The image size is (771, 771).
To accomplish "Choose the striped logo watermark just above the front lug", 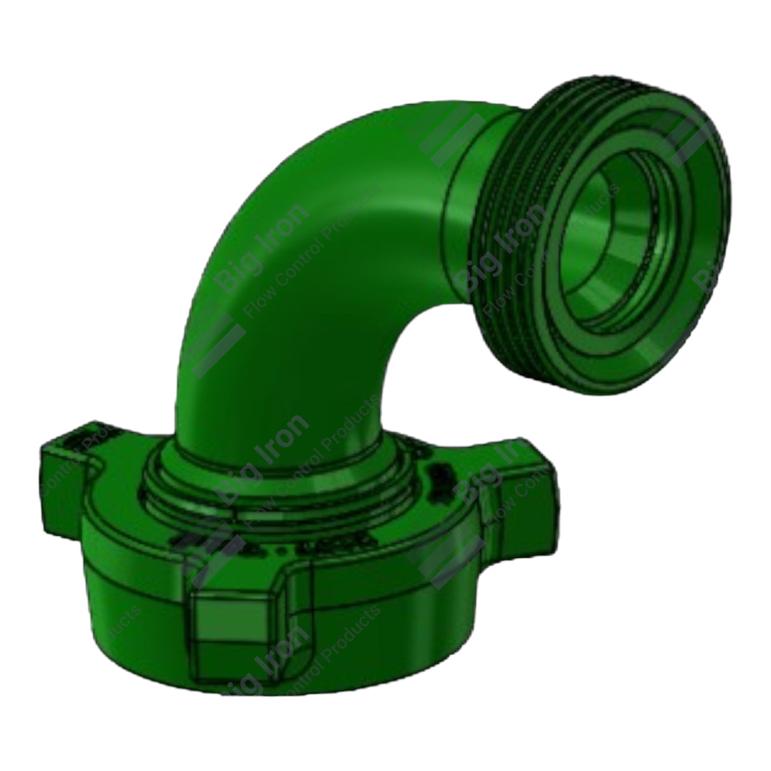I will point(210,549).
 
